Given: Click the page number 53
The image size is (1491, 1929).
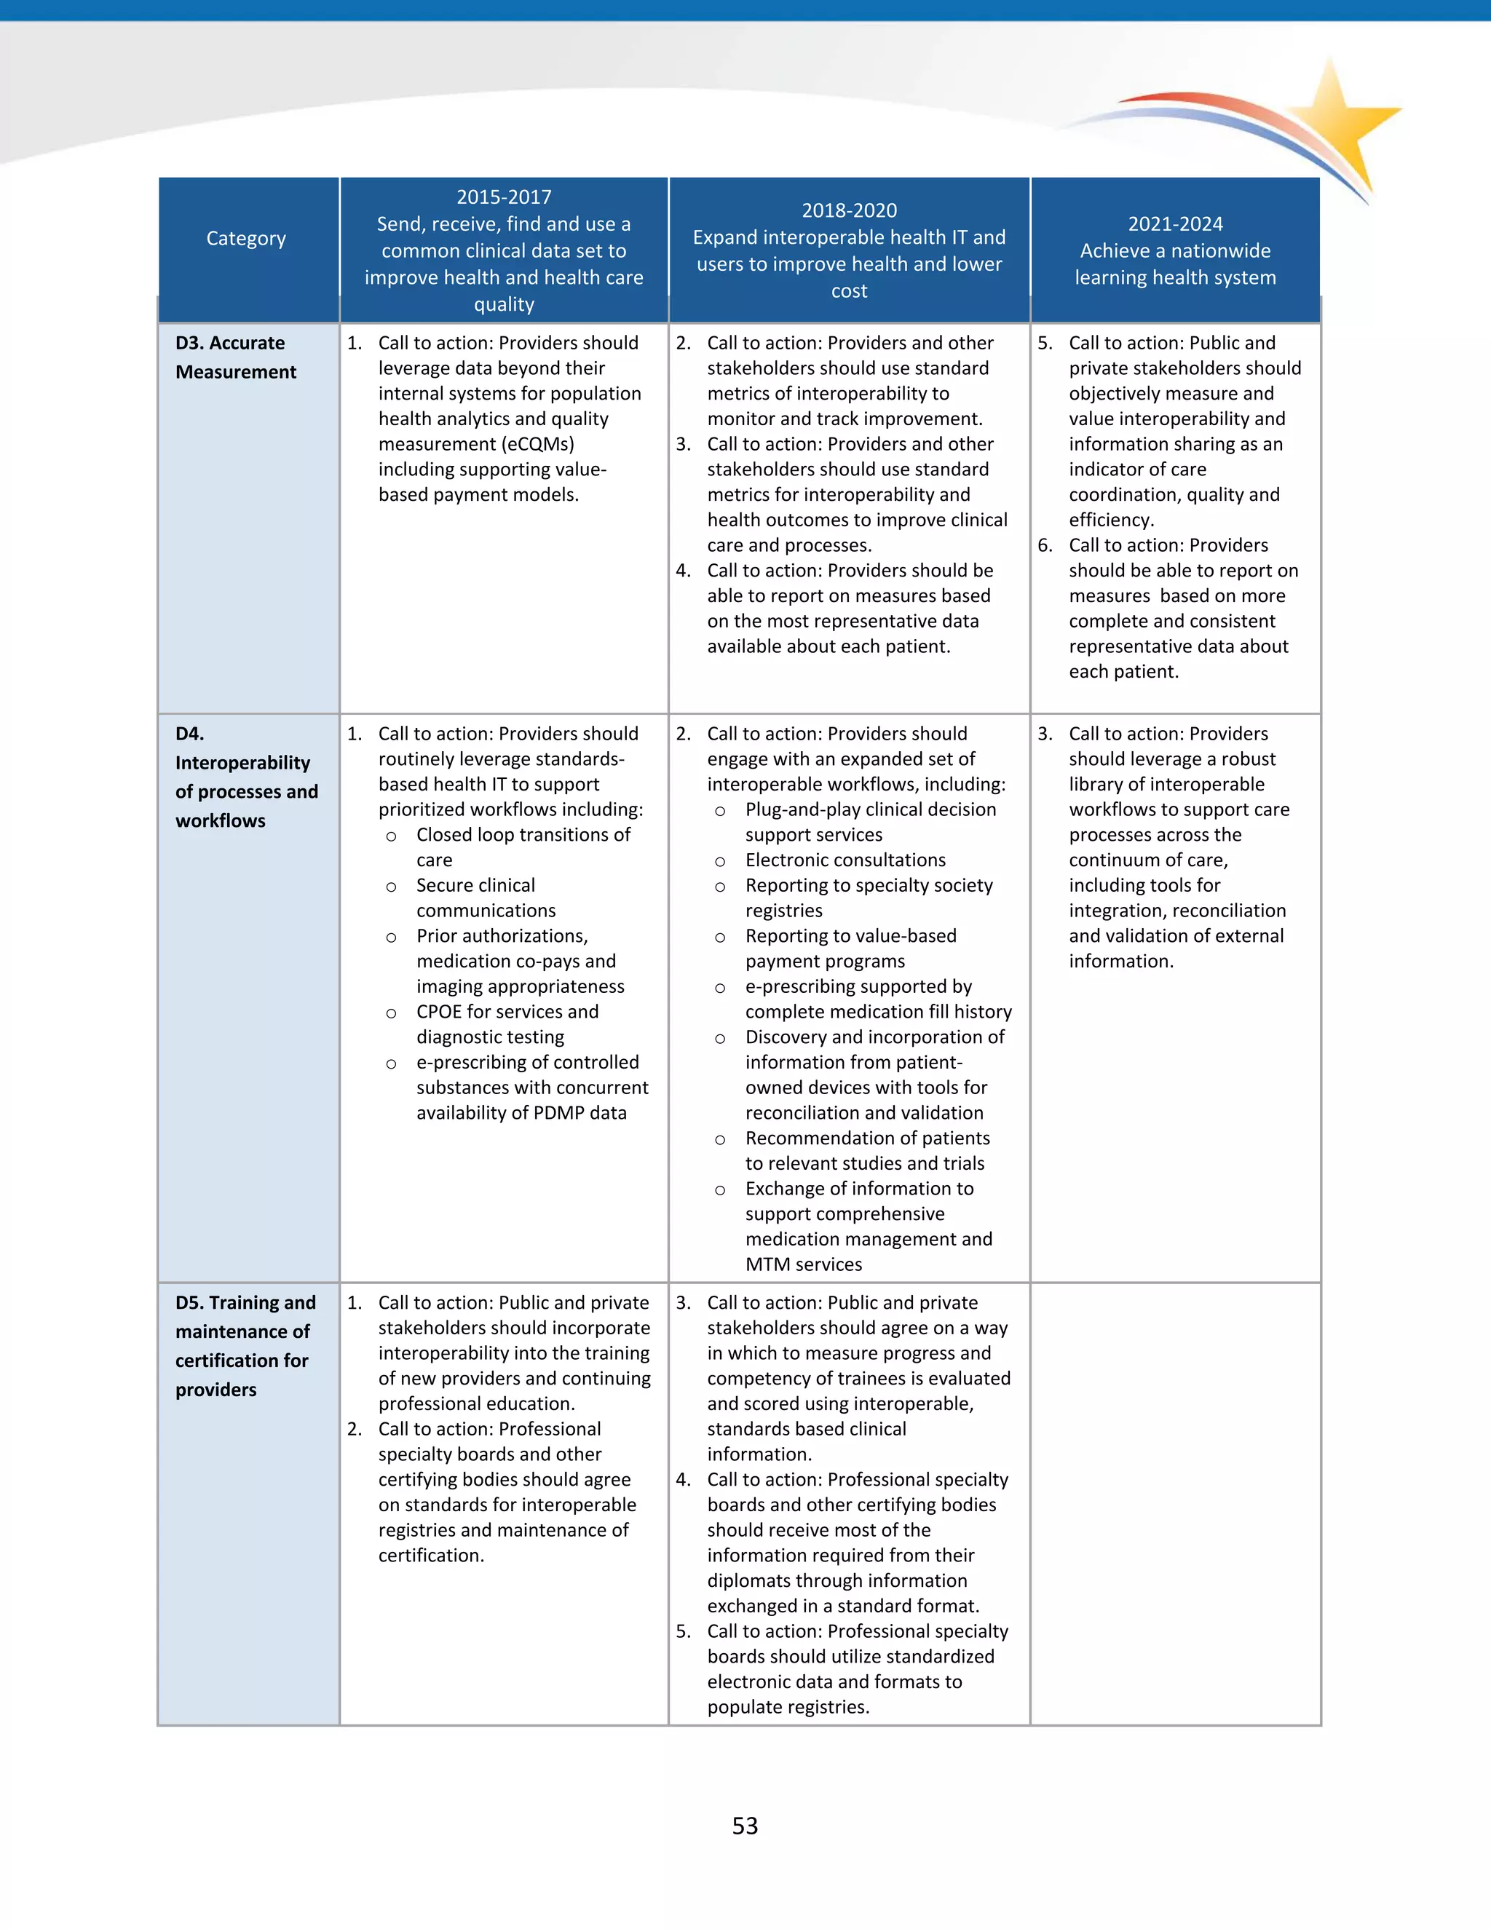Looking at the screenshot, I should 745,1826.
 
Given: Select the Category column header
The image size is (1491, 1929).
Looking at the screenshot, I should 247,239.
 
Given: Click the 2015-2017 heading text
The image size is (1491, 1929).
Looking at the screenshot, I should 504,197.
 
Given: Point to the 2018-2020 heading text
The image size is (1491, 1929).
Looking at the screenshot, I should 849,210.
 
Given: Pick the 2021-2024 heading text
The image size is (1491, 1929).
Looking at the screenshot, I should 1175,223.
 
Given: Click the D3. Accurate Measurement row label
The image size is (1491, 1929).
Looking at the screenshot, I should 236,357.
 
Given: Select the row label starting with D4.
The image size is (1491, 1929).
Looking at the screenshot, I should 247,777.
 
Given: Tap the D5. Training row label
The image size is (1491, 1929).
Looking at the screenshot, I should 245,1345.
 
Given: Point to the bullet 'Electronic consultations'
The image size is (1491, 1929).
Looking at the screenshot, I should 845,860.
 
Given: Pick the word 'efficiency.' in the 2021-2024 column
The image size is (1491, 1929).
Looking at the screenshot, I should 1111,520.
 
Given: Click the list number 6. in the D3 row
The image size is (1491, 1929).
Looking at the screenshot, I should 1045,546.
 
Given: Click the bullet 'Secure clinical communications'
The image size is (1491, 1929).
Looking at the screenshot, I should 486,898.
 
